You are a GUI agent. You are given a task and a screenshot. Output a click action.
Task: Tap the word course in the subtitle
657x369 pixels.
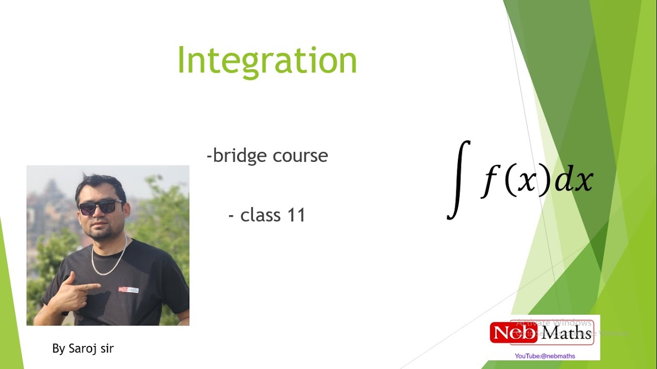tap(300, 155)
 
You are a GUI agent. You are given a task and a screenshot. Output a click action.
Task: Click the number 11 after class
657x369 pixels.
tap(296, 215)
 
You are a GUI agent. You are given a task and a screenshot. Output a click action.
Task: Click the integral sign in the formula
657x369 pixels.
tap(459, 180)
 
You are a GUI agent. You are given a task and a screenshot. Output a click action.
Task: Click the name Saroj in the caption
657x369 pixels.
tap(82, 349)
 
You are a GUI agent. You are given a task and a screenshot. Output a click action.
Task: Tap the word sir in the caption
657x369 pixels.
tap(106, 349)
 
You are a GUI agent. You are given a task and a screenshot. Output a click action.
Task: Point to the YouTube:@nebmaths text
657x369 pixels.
tap(545, 356)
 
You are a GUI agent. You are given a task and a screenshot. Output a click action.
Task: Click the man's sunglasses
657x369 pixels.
tap(100, 207)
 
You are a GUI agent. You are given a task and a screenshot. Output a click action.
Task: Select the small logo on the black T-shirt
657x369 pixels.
tap(128, 290)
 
